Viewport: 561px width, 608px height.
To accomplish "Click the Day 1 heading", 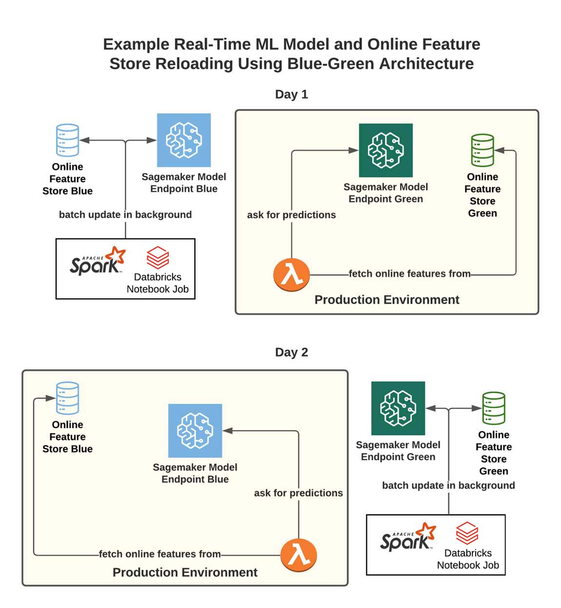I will pyautogui.click(x=291, y=95).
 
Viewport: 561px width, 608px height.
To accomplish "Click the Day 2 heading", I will pyautogui.click(x=291, y=353).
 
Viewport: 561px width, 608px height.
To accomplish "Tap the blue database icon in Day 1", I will pyautogui.click(x=67, y=140).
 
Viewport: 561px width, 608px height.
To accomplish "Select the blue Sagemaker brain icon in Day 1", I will pyautogui.click(x=184, y=140).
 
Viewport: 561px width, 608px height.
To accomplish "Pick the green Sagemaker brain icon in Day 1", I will pyautogui.click(x=385, y=150).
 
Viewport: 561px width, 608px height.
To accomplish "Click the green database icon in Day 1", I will pyautogui.click(x=482, y=151).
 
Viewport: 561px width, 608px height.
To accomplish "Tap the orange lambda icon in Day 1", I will pyautogui.click(x=292, y=275).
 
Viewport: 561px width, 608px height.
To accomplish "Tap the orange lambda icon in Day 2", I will pyautogui.click(x=299, y=555).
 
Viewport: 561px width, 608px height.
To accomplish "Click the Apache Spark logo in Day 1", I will pyautogui.click(x=97, y=261).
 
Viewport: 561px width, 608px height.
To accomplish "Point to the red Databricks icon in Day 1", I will pyautogui.click(x=158, y=257).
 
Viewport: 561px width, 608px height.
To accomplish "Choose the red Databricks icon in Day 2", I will pyautogui.click(x=467, y=533).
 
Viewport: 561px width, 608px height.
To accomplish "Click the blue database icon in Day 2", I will pyautogui.click(x=67, y=398).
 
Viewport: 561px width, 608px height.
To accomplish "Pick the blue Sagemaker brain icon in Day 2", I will pyautogui.click(x=195, y=431).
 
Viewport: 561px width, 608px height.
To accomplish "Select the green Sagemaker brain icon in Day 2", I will pyautogui.click(x=398, y=408).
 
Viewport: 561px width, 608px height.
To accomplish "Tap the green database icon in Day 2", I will pyautogui.click(x=493, y=408).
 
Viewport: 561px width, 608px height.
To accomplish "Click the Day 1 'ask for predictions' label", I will pyautogui.click(x=291, y=215).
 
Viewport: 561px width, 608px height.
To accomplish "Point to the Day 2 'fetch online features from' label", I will pyautogui.click(x=160, y=554).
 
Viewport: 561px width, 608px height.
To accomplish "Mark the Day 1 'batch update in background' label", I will pyautogui.click(x=125, y=215).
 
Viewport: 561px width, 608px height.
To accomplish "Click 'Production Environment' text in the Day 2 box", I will pyautogui.click(x=185, y=572).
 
